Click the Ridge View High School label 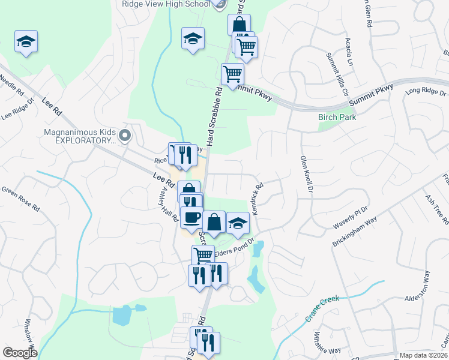tap(165, 4)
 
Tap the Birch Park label tap(337, 117)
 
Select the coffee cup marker tap(191, 217)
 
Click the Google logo tap(20, 352)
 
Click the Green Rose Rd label tap(20, 199)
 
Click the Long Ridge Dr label tap(426, 92)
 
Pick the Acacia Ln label tap(349, 52)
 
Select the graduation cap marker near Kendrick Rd tap(238, 223)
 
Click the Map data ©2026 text tap(424, 355)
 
